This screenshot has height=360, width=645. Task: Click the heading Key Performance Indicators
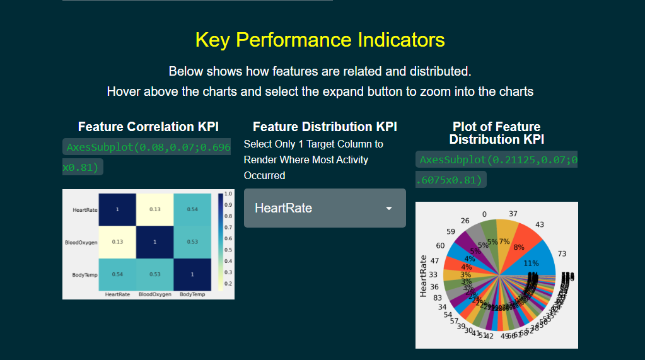pos(320,40)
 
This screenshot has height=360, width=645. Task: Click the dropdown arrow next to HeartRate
pos(389,209)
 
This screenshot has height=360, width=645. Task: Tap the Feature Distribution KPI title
pos(325,127)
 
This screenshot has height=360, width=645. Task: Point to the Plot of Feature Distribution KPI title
pos(496,133)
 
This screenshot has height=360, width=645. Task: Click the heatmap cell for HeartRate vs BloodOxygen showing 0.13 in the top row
pos(154,209)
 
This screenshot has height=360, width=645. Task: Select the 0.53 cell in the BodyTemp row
pos(154,274)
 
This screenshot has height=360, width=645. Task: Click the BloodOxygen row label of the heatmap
pos(81,242)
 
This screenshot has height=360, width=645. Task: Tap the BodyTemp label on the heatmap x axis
pos(192,294)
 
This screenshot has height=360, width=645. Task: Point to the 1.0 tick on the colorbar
pos(228,194)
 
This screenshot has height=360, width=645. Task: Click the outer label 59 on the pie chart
pos(450,231)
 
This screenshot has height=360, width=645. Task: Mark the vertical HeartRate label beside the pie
pos(424,276)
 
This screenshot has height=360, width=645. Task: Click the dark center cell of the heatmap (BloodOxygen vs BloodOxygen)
pos(154,242)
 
